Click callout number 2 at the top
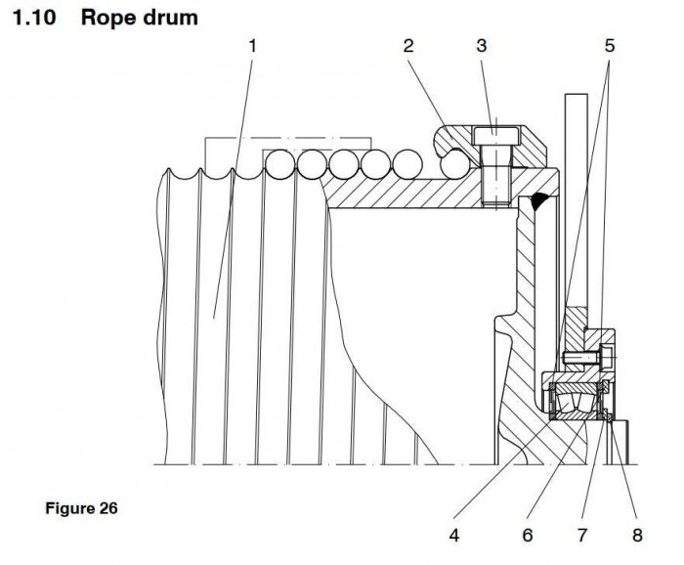coord(407,46)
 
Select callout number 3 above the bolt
coord(482,46)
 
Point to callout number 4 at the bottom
coord(453,535)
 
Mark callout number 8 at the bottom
coord(637,535)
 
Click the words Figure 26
coord(81,508)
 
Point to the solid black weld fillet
coord(537,202)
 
